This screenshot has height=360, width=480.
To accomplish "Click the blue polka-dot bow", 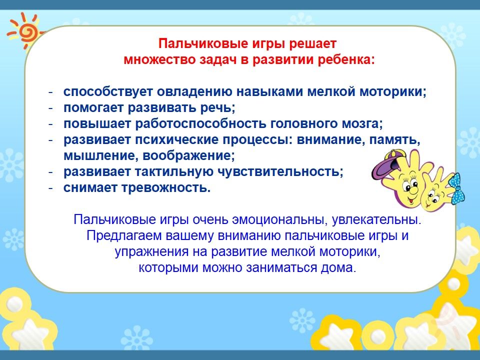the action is [x=456, y=188].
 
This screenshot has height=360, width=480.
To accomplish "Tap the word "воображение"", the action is [x=188, y=155].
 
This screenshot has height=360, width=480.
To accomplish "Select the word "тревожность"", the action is [x=166, y=187].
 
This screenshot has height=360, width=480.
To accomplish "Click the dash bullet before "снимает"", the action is [x=51, y=187].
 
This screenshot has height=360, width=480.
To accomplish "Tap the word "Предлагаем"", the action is [x=123, y=235].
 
